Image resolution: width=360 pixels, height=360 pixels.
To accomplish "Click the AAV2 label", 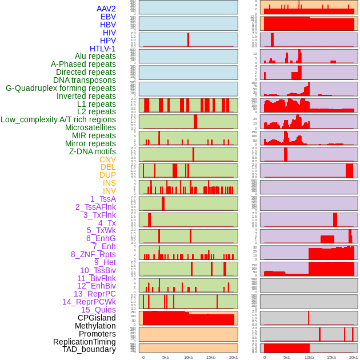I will tap(106, 9).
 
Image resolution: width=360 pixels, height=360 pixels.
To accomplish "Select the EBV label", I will tap(108, 17).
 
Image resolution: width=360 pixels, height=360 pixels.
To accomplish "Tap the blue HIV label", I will tap(109, 33).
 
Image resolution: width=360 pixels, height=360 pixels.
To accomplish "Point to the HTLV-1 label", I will tap(103, 49).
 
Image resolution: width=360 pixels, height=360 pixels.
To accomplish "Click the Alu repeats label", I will tap(95, 56).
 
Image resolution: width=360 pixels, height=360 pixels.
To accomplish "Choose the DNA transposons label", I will tap(85, 80).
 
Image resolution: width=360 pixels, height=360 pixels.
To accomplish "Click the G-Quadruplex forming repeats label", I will tap(61, 88).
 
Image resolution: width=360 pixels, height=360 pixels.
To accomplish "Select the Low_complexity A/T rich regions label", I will tap(58, 119).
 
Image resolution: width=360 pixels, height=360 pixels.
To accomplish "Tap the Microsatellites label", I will tap(90, 127).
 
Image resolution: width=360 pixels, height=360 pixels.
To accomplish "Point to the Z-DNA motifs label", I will tap(93, 151).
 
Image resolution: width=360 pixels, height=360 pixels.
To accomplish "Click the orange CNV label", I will tap(107, 159).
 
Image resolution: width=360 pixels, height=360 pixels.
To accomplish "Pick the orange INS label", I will tap(109, 183).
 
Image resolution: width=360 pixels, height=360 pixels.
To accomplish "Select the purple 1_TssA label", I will tap(103, 199).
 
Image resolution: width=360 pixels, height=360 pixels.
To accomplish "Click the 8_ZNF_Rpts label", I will tap(93, 254).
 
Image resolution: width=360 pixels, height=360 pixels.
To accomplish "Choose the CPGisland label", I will tap(97, 318).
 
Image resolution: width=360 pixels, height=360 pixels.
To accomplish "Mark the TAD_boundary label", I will tap(89, 349).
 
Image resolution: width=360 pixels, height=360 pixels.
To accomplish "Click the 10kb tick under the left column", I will tap(188, 357).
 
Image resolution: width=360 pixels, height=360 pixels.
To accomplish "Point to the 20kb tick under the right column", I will tap(354, 357).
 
